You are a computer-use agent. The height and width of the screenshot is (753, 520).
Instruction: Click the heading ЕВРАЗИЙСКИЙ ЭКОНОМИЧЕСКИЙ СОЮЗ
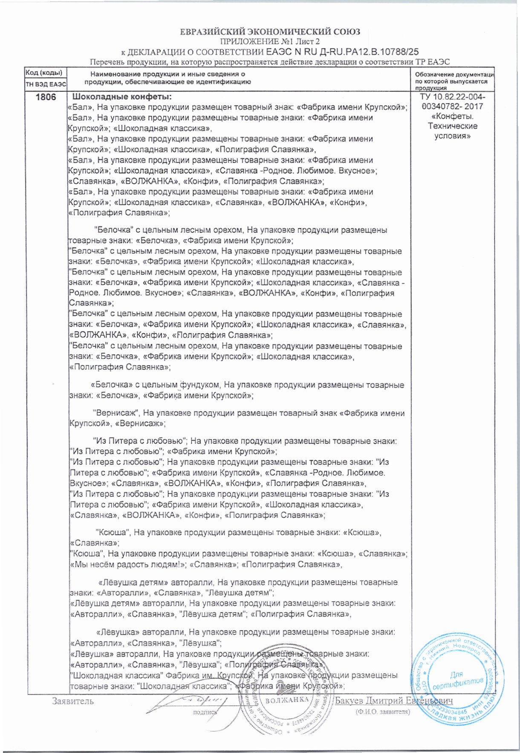(269, 32)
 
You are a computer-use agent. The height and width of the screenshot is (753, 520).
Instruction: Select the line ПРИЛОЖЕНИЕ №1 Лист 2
(269, 41)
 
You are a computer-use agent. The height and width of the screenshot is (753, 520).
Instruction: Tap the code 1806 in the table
(46, 97)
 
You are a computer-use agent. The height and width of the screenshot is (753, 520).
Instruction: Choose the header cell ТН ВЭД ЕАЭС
(46, 85)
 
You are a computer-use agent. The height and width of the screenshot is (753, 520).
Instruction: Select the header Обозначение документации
(455, 75)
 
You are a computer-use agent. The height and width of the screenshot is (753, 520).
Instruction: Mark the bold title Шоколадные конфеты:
(123, 97)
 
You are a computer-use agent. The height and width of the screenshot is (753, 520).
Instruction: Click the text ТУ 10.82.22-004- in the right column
(452, 97)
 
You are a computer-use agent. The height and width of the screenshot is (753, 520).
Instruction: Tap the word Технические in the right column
(453, 126)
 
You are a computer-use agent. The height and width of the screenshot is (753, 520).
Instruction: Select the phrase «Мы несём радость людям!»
(127, 565)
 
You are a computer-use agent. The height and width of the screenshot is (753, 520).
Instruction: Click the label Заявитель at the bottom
(73, 701)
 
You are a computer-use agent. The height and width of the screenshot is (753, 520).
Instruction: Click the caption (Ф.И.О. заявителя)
(383, 712)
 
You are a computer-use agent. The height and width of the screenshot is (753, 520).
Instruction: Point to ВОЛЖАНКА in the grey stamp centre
(287, 700)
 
